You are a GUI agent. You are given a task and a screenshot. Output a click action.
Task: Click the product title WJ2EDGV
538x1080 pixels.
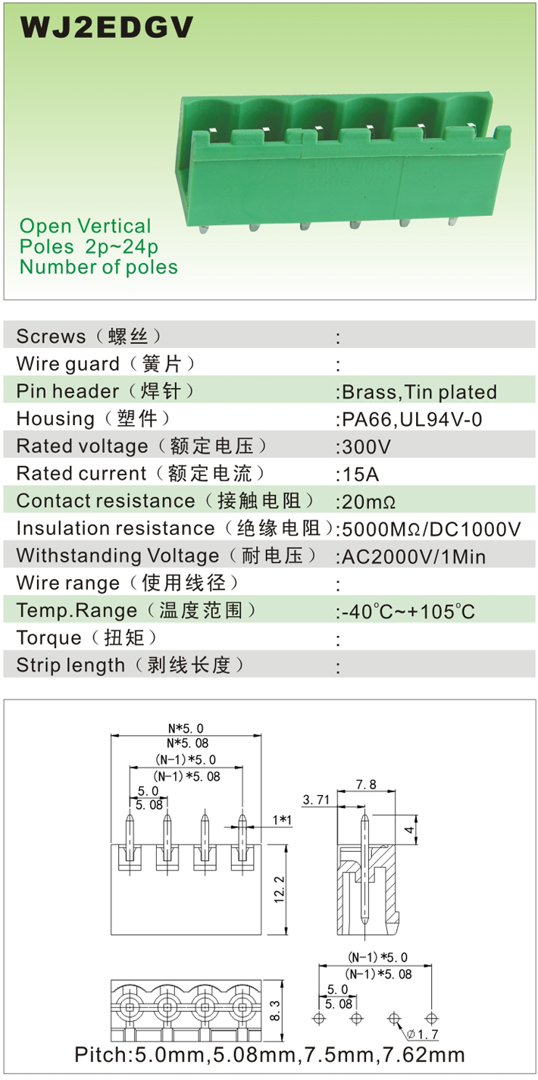pos(107,27)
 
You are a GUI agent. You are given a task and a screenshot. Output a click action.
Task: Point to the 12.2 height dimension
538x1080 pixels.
pos(279,890)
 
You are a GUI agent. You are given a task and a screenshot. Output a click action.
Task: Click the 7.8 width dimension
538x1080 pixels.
pos(366,784)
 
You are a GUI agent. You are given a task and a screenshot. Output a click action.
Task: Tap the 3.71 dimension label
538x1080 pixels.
pos(316,800)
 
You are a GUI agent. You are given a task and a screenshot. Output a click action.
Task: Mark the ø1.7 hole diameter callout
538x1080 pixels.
pos(422,1035)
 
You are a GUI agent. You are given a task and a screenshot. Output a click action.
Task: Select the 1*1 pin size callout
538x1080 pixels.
pos(282,819)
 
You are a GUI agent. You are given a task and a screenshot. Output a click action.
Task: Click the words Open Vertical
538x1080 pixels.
pos(86,226)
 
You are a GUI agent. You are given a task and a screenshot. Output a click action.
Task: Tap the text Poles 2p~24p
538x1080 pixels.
pos(89,247)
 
